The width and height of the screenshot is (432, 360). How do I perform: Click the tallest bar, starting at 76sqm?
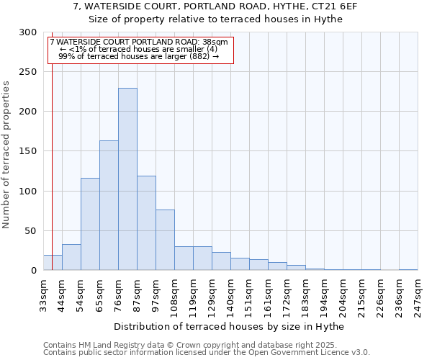click(127, 179)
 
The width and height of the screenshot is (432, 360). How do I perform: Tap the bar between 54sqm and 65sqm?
click(90, 224)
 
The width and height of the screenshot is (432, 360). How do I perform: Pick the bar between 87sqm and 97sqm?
click(146, 223)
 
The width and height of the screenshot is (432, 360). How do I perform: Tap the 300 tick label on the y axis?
click(28, 32)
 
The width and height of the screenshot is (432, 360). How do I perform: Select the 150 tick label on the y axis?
click(28, 151)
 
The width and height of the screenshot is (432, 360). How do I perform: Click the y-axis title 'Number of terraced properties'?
click(6, 155)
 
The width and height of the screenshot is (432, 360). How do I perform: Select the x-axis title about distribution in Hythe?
click(229, 327)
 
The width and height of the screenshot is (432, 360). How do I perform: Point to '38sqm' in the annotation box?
click(215, 42)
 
